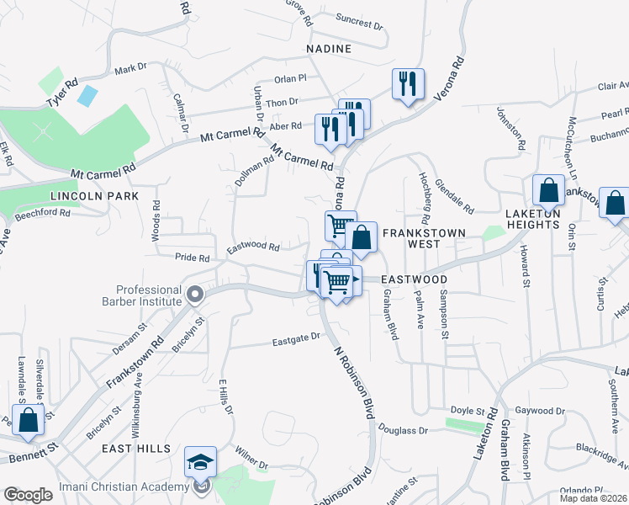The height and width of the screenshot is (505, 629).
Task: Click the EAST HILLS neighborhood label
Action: pos(136,449)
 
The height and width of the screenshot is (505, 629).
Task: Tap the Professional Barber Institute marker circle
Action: pos(195,295)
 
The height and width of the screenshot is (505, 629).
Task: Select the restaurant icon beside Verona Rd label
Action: pos(408,83)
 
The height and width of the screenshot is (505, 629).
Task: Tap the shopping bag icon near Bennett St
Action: pos(28,419)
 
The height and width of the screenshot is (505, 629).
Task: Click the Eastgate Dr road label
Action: pos(297,339)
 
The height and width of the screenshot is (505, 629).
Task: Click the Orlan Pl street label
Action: pos(291,78)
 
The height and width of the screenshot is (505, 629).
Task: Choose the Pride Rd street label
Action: pos(192,257)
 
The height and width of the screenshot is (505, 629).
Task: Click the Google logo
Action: pos(28,495)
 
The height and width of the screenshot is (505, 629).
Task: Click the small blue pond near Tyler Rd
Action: pos(87,95)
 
